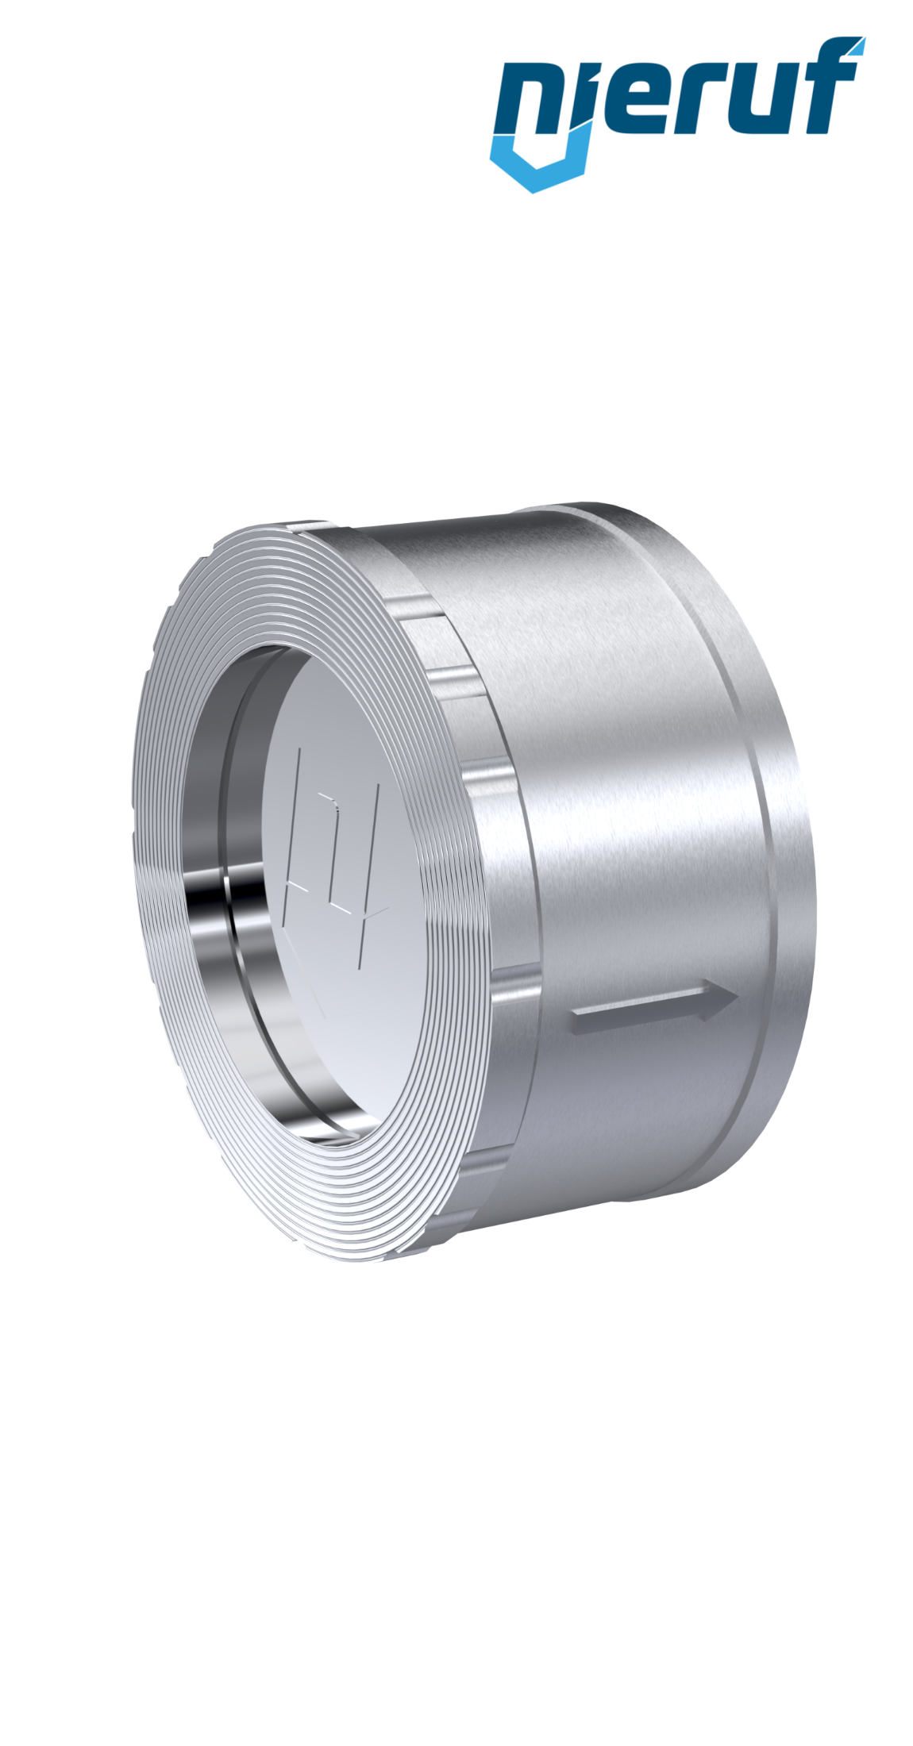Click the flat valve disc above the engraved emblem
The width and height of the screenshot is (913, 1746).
(x=333, y=698)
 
